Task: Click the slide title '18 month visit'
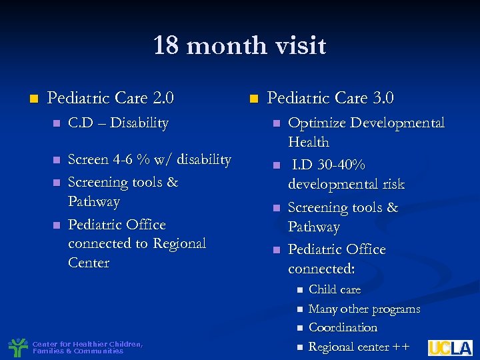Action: pyautogui.click(x=239, y=46)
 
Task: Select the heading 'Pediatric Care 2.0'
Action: pyautogui.click(x=111, y=99)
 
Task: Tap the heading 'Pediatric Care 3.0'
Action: pyautogui.click(x=330, y=99)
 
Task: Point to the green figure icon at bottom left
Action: pyautogui.click(x=18, y=347)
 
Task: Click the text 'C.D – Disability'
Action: pyautogui.click(x=118, y=123)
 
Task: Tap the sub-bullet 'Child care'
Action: pyautogui.click(x=335, y=289)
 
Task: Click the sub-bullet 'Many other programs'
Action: pyautogui.click(x=364, y=309)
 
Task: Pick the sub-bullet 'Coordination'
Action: pyautogui.click(x=343, y=328)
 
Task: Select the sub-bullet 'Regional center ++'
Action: pyautogui.click(x=358, y=347)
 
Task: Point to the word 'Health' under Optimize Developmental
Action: pyautogui.click(x=308, y=142)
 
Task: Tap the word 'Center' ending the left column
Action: pyautogui.click(x=89, y=263)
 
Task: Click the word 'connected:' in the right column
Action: pyautogui.click(x=321, y=269)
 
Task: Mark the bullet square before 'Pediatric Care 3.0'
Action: pyautogui.click(x=253, y=99)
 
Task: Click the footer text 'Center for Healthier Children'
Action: pyautogui.click(x=87, y=344)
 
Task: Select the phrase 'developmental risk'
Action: pyautogui.click(x=346, y=184)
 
